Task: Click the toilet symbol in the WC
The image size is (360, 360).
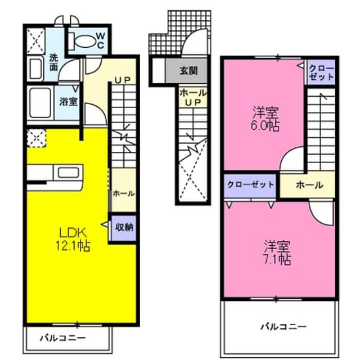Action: click(x=82, y=42)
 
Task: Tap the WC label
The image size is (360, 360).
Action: click(x=101, y=40)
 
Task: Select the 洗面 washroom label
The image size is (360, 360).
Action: click(x=54, y=62)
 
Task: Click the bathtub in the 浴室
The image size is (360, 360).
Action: click(x=40, y=102)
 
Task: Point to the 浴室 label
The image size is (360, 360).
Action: click(x=68, y=101)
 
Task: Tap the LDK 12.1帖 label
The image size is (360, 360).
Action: click(x=73, y=239)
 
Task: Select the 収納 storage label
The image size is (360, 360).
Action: click(x=124, y=227)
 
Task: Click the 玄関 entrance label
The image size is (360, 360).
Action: click(x=188, y=71)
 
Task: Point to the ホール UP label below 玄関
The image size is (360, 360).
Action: click(x=193, y=97)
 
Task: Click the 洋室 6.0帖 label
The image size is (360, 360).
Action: click(x=265, y=119)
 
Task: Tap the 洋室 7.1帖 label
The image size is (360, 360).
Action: click(x=277, y=253)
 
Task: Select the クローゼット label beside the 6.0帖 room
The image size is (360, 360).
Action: click(x=321, y=73)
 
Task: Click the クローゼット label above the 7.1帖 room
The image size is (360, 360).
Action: click(x=250, y=185)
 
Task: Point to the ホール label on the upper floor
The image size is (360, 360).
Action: click(x=309, y=185)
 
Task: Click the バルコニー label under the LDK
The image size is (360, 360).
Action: click(x=63, y=338)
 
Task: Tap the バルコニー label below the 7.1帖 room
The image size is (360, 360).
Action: click(x=283, y=327)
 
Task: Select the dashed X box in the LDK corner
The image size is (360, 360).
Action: click(x=37, y=138)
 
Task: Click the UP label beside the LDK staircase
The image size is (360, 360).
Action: click(x=123, y=80)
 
